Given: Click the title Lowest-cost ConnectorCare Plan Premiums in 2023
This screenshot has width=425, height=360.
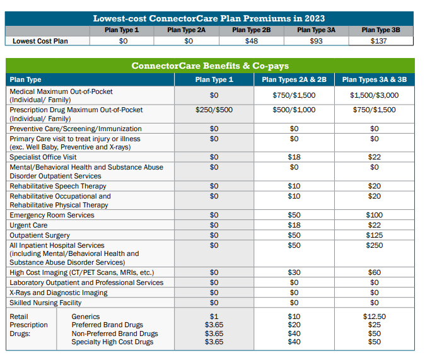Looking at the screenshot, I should click(x=209, y=18).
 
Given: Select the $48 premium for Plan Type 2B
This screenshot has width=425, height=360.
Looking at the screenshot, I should click(x=252, y=41).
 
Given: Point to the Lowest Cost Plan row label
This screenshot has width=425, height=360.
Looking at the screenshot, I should click(x=40, y=41).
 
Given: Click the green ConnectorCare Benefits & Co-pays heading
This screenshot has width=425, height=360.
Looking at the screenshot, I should click(x=210, y=66).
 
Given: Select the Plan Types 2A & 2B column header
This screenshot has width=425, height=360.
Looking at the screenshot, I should click(x=294, y=79).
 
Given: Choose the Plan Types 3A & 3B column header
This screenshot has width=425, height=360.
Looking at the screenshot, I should click(x=374, y=79).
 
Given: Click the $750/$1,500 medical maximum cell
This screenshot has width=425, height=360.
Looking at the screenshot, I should click(x=294, y=95).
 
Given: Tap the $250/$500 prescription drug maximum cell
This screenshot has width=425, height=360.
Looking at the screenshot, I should click(x=214, y=110).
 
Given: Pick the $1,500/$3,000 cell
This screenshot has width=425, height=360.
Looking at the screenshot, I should click(x=374, y=95).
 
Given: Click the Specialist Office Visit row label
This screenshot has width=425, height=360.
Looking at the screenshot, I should click(x=43, y=157).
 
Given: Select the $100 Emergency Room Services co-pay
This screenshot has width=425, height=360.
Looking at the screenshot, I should click(x=374, y=215).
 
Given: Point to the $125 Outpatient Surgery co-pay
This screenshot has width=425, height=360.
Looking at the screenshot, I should click(x=374, y=235).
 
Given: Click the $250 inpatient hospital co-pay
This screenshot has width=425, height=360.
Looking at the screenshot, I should click(x=374, y=245).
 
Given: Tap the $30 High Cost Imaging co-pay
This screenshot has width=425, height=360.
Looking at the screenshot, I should click(x=294, y=272).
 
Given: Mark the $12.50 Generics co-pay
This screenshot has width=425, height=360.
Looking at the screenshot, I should click(x=374, y=316).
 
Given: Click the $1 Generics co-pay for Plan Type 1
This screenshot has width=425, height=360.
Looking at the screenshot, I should click(x=214, y=316).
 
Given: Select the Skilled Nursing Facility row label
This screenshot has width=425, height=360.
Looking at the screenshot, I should click(x=45, y=303).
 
